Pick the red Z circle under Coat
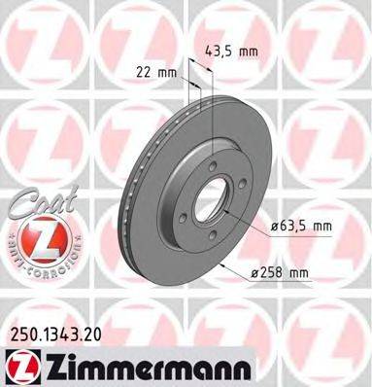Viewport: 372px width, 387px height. click(40, 236)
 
